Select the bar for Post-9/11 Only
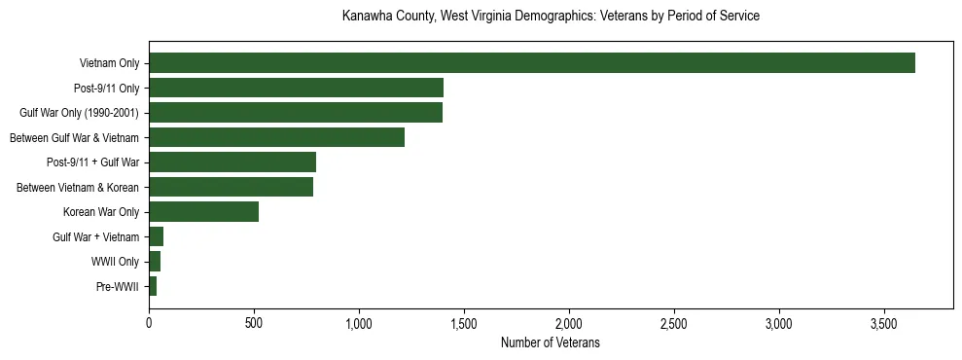tap(296, 89)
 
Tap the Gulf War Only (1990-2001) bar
tap(296, 113)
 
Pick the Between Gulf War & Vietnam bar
tap(276, 137)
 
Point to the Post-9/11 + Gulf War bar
tap(232, 162)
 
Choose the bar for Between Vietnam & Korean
tap(231, 187)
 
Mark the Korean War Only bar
tap(203, 211)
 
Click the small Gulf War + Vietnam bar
tap(157, 236)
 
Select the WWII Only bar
tap(155, 261)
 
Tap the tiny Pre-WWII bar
tap(153, 286)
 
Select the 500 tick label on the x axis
tap(254, 322)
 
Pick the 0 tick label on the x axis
tap(149, 322)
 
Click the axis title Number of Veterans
tap(550, 342)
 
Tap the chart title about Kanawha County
tap(551, 17)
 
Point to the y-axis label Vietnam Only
tap(109, 64)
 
